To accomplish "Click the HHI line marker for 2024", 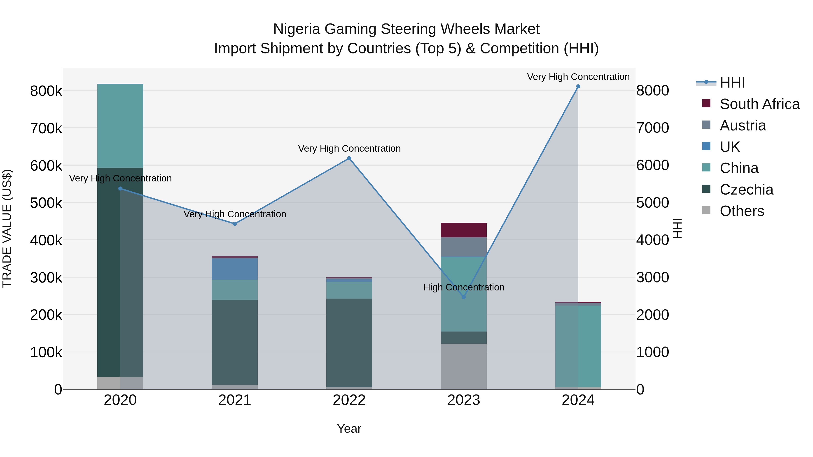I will coord(578,86).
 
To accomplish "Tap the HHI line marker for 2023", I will coord(464,297).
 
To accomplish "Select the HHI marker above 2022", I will coord(349,158).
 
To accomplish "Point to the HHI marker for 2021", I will coord(234,224).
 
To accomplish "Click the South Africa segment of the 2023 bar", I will coord(464,230).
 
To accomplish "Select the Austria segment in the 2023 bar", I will coord(464,247).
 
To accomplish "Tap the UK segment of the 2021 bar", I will coord(234,269).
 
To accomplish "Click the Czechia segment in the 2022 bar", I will coord(349,343).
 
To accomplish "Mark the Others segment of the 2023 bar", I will coord(464,367).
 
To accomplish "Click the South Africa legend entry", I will coord(760,104).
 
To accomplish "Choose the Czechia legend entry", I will coord(746,190).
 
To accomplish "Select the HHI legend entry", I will coord(732,83).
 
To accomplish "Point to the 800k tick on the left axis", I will coord(46,91).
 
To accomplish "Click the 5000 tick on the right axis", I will coord(652,203).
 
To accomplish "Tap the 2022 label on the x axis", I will coord(349,400).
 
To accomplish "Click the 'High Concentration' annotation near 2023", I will coord(464,287).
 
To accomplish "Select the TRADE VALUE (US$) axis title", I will coord(7,228).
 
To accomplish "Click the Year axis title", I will coord(349,429).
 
